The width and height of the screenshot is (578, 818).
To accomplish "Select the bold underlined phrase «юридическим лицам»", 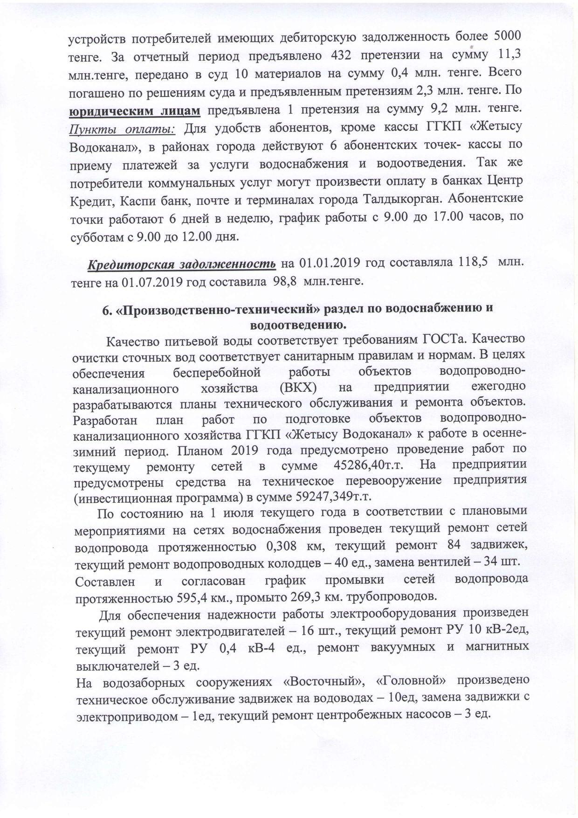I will click(x=135, y=111).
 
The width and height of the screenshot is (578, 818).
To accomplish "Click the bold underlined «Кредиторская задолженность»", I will click(x=182, y=264).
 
